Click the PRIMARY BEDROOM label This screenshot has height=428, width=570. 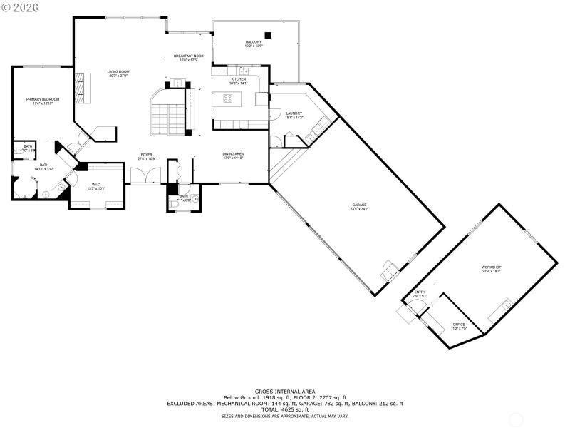point(43,99)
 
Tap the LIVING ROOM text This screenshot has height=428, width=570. point(118,72)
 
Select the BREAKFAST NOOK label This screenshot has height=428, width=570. point(189,56)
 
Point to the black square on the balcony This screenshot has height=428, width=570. point(269,34)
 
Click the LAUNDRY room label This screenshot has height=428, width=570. point(294,113)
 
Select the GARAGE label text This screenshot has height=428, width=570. point(358,205)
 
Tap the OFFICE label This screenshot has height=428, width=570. point(459,325)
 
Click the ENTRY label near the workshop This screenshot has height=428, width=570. point(420,292)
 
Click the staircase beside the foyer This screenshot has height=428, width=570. point(169,118)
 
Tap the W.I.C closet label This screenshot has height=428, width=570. point(95,186)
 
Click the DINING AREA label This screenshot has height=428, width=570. point(233,154)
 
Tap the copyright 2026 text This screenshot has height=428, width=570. point(21,6)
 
